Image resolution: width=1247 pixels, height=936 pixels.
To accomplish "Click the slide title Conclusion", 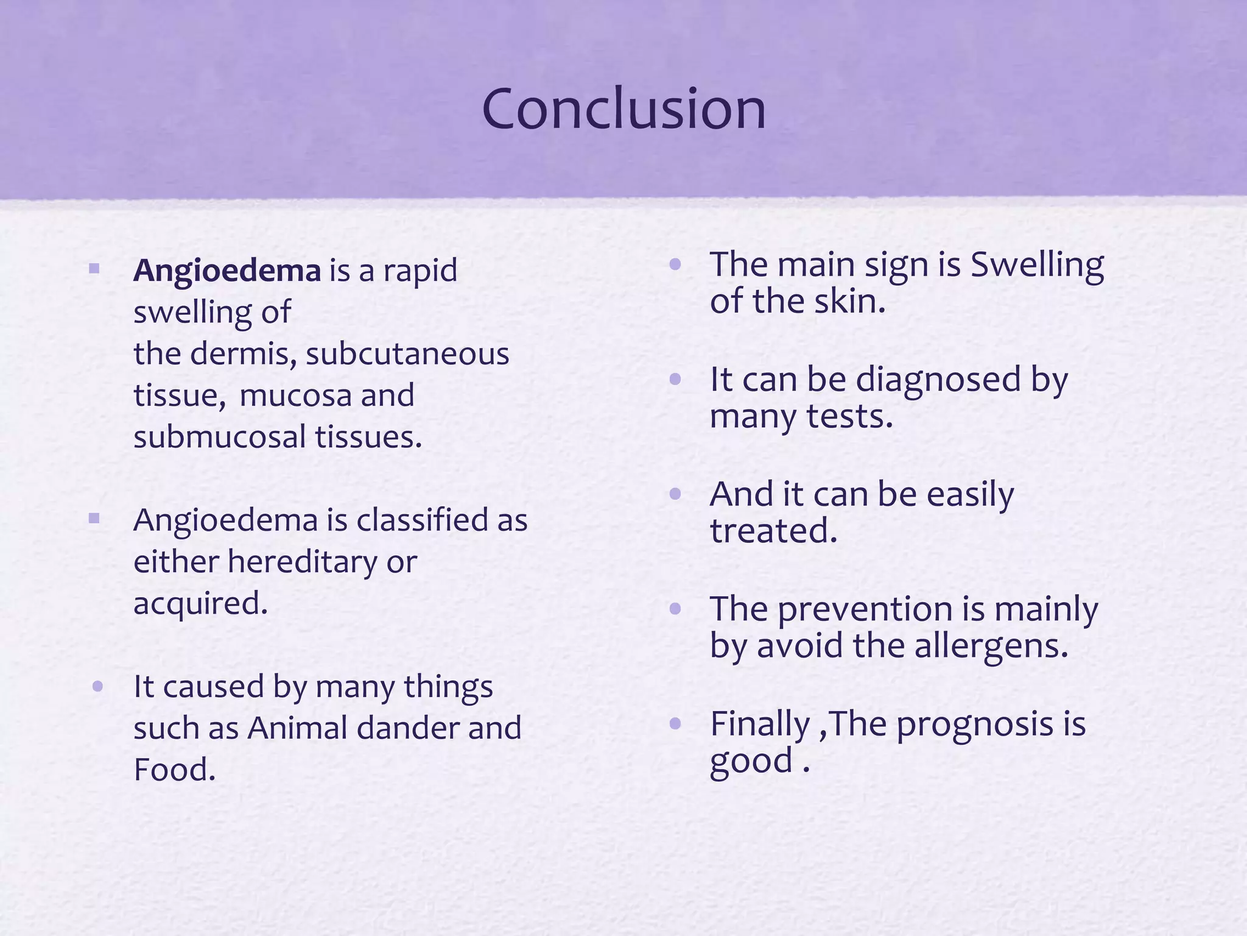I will (623, 110).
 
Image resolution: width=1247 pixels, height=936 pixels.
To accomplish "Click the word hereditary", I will (302, 562).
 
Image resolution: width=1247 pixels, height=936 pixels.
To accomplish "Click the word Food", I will (174, 770).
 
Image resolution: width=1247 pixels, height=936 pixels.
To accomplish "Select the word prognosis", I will (975, 725).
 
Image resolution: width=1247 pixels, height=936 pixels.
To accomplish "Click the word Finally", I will (760, 725).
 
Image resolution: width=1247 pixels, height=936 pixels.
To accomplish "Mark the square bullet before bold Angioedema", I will (94, 269).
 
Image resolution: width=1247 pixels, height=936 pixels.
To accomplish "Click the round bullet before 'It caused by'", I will (97, 687).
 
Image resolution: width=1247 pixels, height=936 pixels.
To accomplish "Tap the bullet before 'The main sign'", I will (674, 264).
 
